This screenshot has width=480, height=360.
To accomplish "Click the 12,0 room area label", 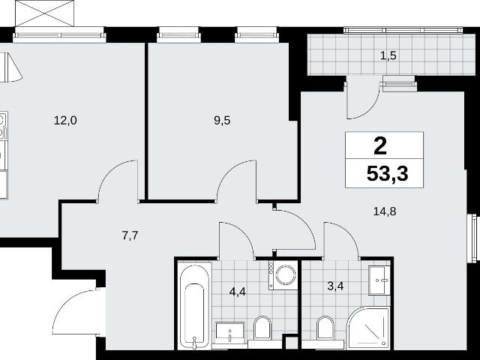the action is (65, 121).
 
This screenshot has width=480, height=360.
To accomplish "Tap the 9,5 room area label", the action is (222, 121).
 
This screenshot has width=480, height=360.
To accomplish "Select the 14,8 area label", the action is (385, 211).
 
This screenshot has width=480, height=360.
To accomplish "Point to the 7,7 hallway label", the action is (130, 235).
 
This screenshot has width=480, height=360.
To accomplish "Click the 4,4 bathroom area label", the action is (238, 292).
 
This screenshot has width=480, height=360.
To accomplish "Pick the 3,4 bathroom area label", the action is (335, 286).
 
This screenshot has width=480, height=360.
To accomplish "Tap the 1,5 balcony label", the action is (388, 56).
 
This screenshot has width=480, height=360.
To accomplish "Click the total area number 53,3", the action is (387, 174).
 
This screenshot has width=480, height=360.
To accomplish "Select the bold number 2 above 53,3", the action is (380, 146).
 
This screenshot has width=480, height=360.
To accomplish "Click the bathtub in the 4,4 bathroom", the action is (194, 305).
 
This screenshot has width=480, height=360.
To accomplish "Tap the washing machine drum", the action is (285, 274).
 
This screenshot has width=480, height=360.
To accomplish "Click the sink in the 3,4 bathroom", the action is (379, 280).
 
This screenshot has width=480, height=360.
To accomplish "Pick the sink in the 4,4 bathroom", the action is (230, 332).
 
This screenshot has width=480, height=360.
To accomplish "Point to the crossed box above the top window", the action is (45, 13).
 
